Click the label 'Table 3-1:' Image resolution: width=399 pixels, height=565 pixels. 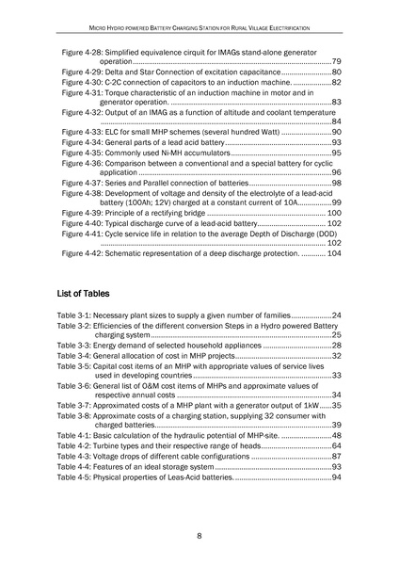pyautogui.click(x=82, y=314)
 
